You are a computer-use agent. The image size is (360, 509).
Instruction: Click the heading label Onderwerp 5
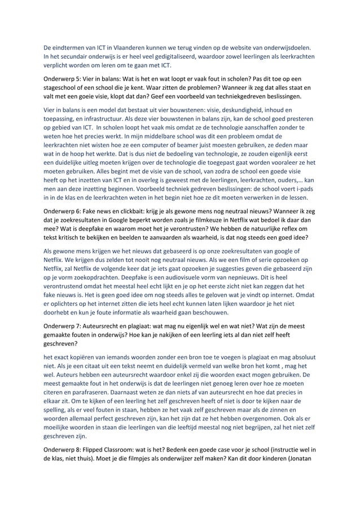click(x=65, y=79)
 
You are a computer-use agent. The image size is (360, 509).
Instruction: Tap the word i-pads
click(x=304, y=188)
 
